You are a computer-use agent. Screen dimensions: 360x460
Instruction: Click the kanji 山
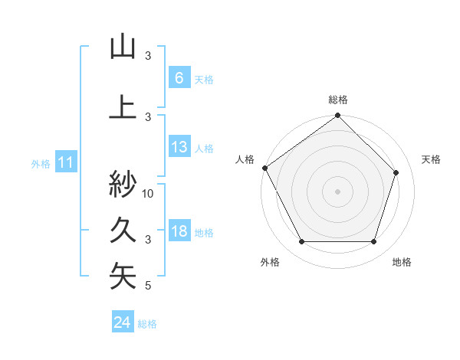click(123, 47)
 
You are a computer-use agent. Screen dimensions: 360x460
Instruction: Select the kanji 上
click(123, 107)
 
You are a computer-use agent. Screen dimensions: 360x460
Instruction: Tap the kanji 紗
click(123, 184)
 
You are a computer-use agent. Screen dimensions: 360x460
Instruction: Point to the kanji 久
click(123, 230)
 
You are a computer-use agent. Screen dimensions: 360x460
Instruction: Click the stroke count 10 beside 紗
click(149, 193)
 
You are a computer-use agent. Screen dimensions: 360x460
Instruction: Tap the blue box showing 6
click(179, 78)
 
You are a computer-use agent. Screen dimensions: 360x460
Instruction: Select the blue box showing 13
click(179, 147)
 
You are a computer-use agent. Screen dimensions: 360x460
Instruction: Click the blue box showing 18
click(179, 231)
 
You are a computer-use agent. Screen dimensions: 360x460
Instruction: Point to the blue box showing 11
click(65, 162)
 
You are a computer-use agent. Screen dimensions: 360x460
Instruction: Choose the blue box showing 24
click(123, 322)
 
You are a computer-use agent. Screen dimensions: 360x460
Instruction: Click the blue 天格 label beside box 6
click(204, 80)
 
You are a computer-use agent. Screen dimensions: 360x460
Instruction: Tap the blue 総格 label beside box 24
click(147, 324)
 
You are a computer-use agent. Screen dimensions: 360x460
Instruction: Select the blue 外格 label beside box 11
click(41, 164)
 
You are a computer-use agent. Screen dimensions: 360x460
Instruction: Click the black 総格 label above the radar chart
click(338, 100)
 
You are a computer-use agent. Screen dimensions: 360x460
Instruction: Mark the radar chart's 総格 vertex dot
click(337, 116)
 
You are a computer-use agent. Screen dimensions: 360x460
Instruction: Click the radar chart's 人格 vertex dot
click(265, 168)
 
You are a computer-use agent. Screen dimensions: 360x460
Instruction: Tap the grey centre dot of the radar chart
click(337, 191)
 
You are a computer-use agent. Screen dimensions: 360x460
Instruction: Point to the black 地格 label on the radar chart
click(402, 262)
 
